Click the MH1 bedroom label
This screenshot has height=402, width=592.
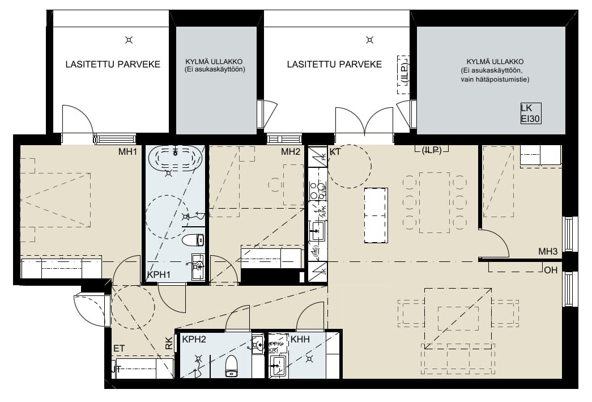(127, 152)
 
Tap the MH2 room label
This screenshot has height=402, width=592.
(290, 152)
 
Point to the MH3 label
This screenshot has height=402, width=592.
(548, 252)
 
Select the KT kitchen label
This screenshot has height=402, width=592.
(335, 152)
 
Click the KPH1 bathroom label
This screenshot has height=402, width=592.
(159, 275)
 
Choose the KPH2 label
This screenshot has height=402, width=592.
(194, 340)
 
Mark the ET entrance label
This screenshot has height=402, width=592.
(118, 348)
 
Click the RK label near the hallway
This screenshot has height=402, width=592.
(169, 343)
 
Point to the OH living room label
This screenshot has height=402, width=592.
(550, 270)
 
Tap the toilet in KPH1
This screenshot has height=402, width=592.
(193, 240)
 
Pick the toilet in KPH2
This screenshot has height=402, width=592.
(231, 366)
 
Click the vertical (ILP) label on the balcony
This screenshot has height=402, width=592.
(403, 74)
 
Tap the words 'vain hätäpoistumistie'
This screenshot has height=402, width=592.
(495, 80)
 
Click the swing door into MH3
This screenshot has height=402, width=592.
(496, 244)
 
